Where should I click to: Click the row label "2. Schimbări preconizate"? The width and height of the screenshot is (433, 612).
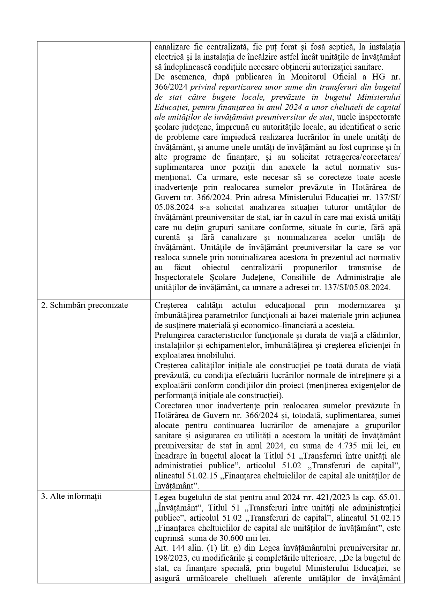point(84,305)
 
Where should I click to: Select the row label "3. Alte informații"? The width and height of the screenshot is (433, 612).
point(72,496)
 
